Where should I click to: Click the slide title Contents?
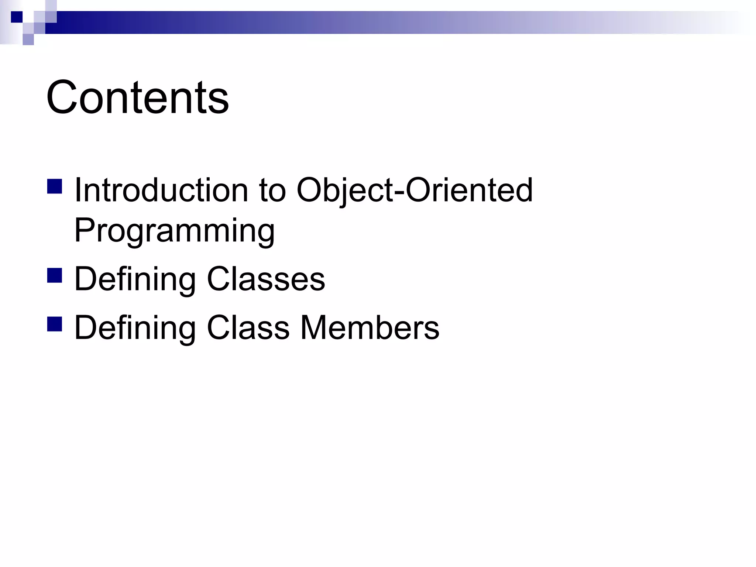point(137,97)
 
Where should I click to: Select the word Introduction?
point(161,190)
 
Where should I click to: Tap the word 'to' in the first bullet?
point(272,190)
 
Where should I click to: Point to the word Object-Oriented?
point(415,190)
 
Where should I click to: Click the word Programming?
point(174,231)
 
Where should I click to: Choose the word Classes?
point(266,279)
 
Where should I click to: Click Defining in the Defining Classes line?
point(135,279)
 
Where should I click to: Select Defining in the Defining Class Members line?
point(135,327)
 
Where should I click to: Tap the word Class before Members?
point(248,327)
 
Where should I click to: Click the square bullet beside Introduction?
point(55,186)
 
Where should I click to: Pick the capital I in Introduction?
point(78,190)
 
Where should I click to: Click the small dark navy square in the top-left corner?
point(17,17)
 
